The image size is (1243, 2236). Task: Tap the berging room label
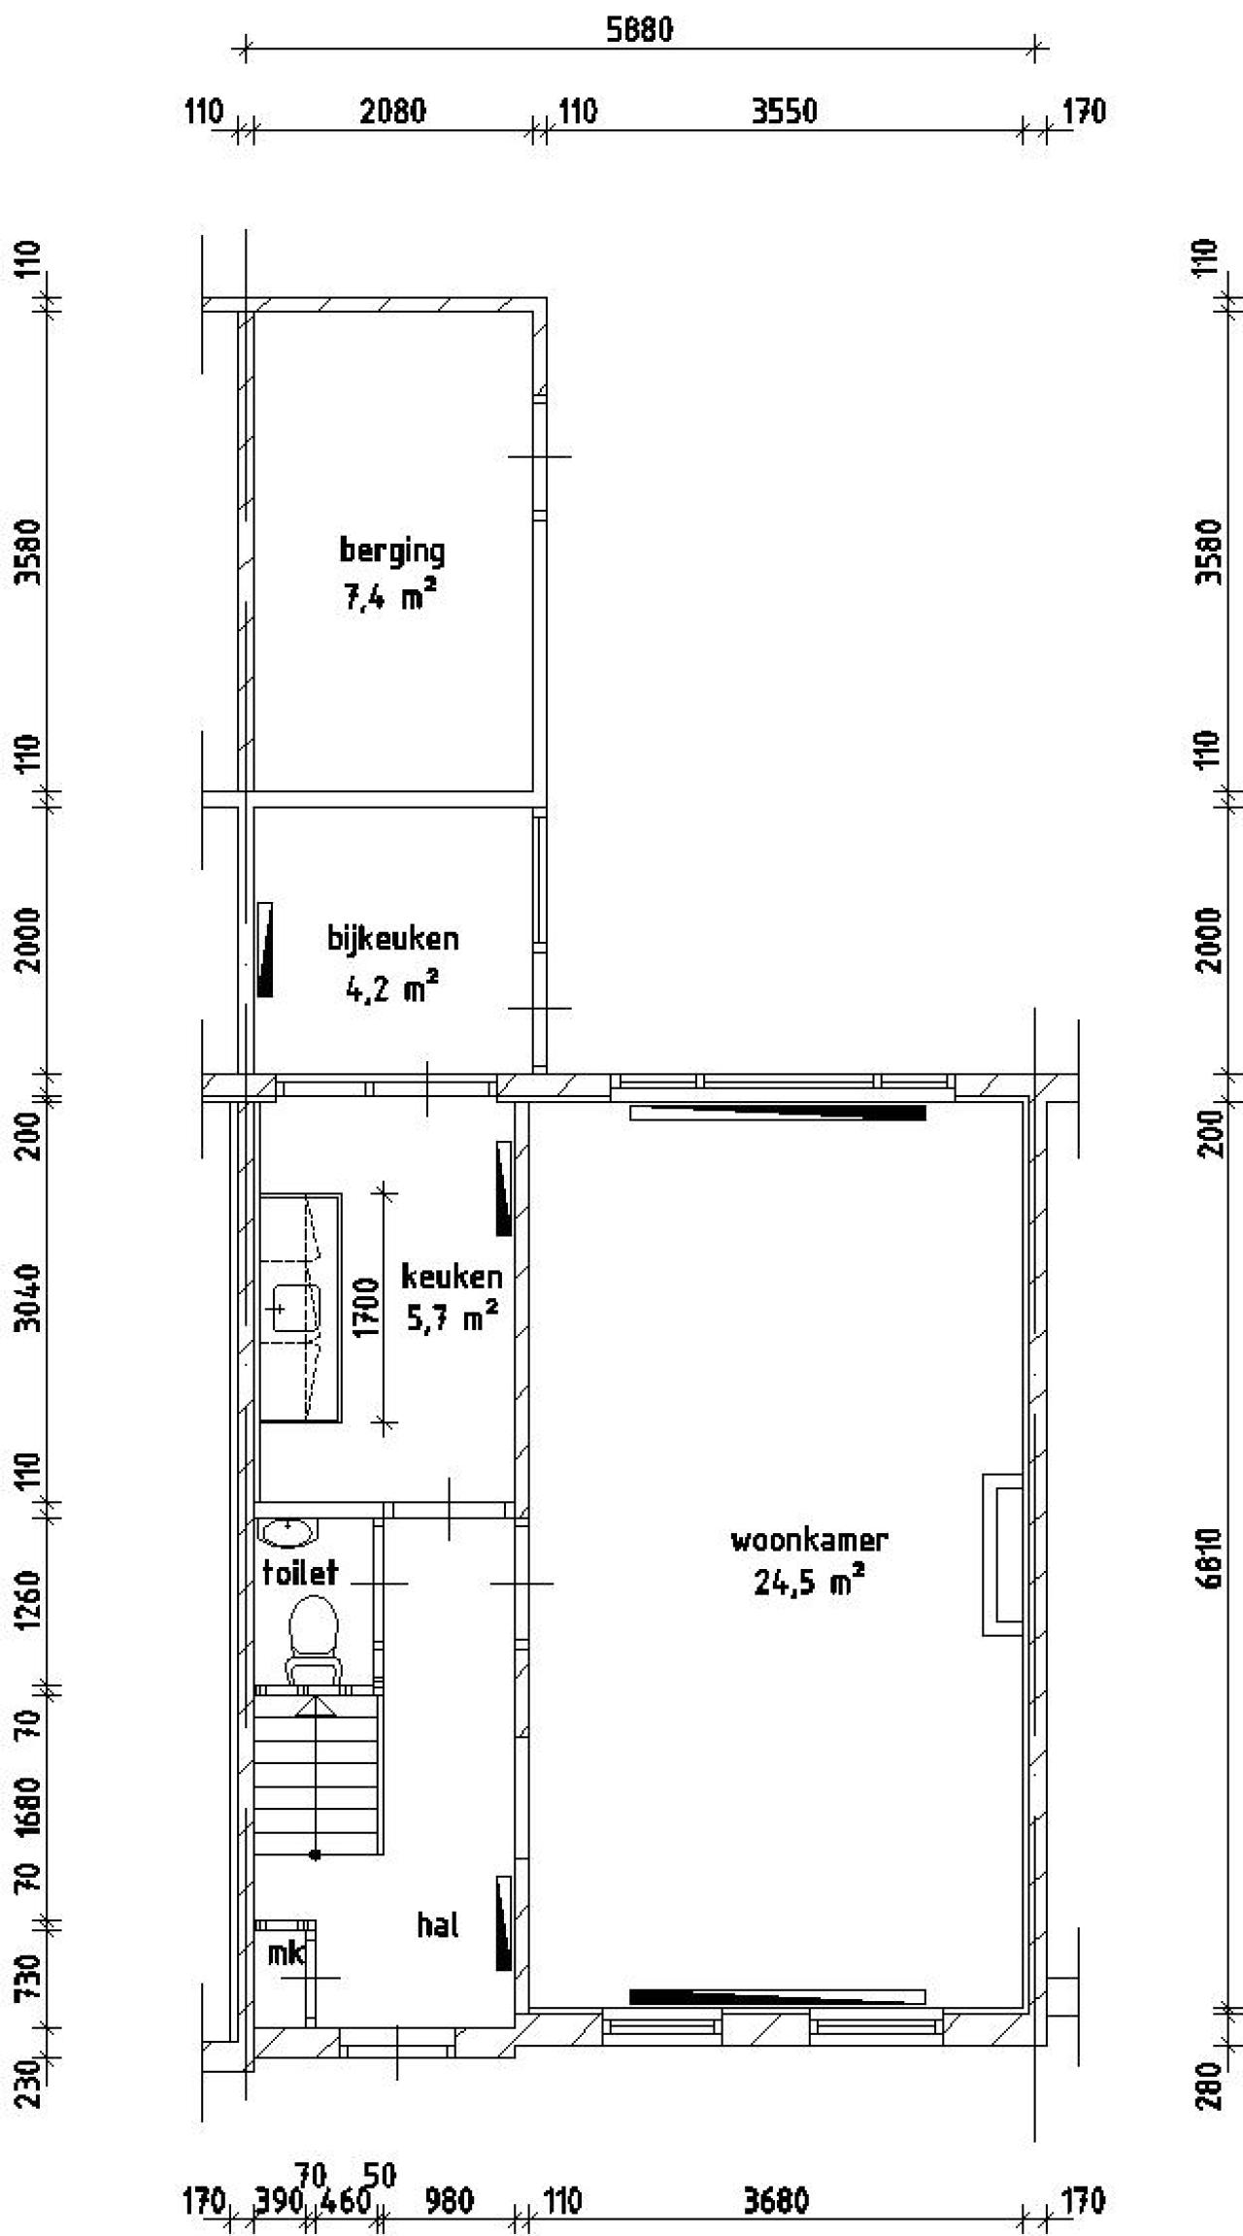392,551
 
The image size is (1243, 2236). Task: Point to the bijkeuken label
393,938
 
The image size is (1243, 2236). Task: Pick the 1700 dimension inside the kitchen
366,1307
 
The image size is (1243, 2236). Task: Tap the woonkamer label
809,1539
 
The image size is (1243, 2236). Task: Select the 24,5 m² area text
809,1584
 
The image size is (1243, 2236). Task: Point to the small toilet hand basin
288,1533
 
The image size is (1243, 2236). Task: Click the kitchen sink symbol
295,1308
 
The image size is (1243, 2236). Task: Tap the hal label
438,1924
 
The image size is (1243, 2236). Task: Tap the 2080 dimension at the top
392,111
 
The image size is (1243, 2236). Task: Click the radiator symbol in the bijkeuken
264,950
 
